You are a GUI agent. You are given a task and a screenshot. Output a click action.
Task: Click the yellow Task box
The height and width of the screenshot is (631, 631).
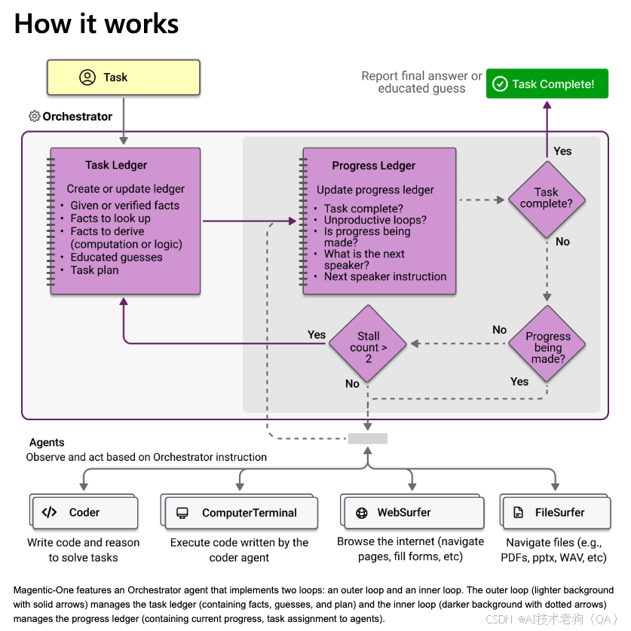pyautogui.click(x=124, y=78)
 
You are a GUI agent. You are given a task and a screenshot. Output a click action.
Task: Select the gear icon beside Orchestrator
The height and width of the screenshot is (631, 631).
pyautogui.click(x=35, y=117)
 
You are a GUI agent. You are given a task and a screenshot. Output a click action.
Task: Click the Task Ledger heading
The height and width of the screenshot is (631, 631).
pyautogui.click(x=116, y=165)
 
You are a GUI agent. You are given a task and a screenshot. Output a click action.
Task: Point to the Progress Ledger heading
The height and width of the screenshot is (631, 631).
pyautogui.click(x=373, y=166)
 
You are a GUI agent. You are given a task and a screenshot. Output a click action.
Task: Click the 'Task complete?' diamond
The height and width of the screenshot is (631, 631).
pyautogui.click(x=547, y=198)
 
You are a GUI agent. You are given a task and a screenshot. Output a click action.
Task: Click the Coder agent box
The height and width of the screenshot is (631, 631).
pyautogui.click(x=85, y=513)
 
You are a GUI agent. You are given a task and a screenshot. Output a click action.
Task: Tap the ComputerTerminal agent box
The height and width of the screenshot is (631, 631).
pyautogui.click(x=240, y=513)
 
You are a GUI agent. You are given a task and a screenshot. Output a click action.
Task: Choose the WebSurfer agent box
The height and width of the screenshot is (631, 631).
pyautogui.click(x=412, y=513)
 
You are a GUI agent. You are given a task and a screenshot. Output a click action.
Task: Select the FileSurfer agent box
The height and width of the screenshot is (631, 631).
pyautogui.click(x=555, y=513)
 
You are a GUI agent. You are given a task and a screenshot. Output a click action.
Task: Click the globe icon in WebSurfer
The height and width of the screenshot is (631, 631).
pyautogui.click(x=362, y=513)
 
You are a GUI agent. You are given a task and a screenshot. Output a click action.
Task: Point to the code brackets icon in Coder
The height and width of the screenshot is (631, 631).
pyautogui.click(x=49, y=513)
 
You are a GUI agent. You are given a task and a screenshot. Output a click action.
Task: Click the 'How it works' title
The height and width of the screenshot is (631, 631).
pyautogui.click(x=96, y=24)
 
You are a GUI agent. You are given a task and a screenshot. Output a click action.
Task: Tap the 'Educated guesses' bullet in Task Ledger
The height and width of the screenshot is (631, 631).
pyautogui.click(x=116, y=257)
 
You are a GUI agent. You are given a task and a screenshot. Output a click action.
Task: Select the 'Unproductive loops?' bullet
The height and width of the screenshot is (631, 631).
pyautogui.click(x=375, y=220)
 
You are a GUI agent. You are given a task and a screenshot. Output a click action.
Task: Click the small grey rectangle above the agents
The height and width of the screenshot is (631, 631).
pyautogui.click(x=367, y=438)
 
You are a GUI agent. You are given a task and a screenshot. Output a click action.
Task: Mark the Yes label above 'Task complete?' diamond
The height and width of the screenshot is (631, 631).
pyautogui.click(x=562, y=151)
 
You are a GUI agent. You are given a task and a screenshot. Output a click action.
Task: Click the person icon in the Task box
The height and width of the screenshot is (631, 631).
pyautogui.click(x=87, y=78)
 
